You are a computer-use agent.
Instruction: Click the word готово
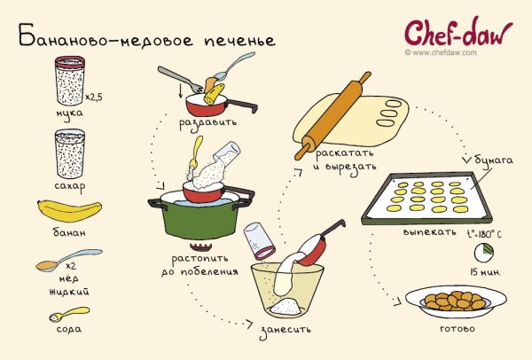(458, 329)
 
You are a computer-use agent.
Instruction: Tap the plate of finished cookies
(455, 301)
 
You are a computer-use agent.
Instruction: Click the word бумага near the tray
(497, 160)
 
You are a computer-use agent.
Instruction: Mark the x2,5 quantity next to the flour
(92, 96)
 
